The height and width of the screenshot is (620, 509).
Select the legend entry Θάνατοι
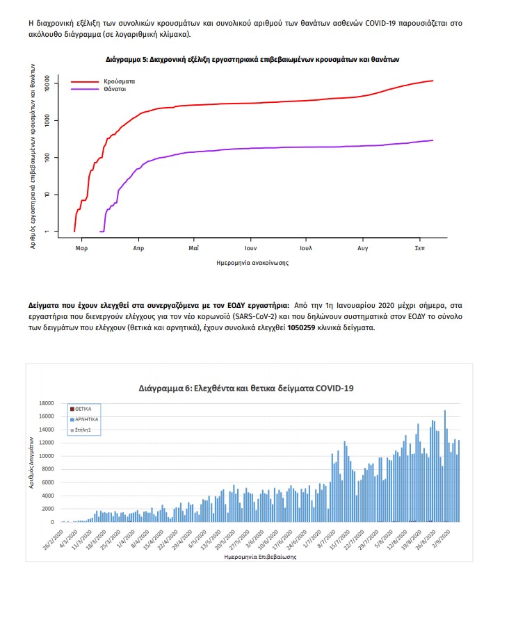(111, 89)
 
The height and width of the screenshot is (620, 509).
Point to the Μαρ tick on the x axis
(81, 247)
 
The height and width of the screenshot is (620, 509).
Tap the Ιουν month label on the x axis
(251, 247)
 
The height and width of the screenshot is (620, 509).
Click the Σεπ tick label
(420, 247)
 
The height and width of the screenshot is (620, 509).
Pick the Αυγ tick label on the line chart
(363, 247)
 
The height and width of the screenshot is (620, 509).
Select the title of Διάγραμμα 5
(252, 60)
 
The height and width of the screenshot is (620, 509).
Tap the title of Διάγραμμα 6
(246, 387)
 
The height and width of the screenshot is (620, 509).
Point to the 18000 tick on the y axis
(47, 403)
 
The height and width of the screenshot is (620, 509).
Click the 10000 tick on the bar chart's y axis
(47, 456)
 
